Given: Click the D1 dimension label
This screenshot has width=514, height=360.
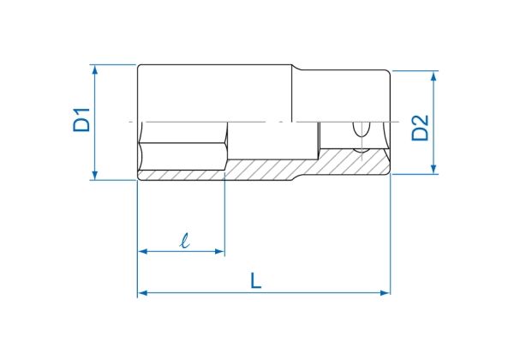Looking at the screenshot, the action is click(x=81, y=120).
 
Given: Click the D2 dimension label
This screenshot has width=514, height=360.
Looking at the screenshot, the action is click(x=421, y=128).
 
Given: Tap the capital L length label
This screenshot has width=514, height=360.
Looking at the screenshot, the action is click(x=255, y=280).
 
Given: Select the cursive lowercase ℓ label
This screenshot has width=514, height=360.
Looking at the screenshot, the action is click(x=185, y=240).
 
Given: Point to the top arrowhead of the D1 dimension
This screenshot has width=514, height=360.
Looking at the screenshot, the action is click(x=95, y=69).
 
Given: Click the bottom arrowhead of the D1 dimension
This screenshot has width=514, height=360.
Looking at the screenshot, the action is click(x=95, y=175).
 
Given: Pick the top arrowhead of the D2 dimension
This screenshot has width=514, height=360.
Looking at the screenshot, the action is click(x=433, y=75).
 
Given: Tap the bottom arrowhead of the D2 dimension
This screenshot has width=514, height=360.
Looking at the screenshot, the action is click(x=433, y=169).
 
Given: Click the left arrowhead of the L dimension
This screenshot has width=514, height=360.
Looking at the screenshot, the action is click(x=143, y=293).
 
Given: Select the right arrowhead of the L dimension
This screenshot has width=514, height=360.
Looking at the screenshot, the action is click(x=385, y=293).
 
